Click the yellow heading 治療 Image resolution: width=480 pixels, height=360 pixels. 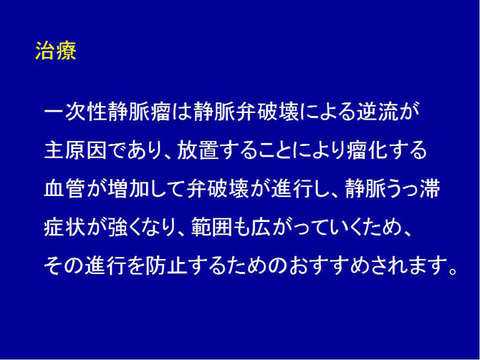pos(55,53)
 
